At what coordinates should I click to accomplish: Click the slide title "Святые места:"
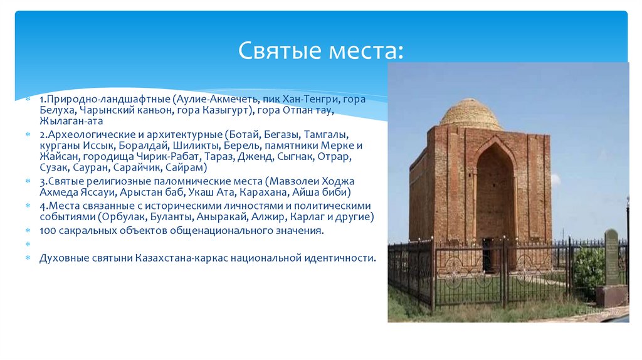[321, 50]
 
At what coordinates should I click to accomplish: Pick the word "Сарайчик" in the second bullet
[141, 167]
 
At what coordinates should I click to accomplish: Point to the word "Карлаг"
[311, 217]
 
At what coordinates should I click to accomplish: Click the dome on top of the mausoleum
[470, 114]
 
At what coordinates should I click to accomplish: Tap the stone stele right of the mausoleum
[611, 257]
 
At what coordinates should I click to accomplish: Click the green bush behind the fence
[589, 267]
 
